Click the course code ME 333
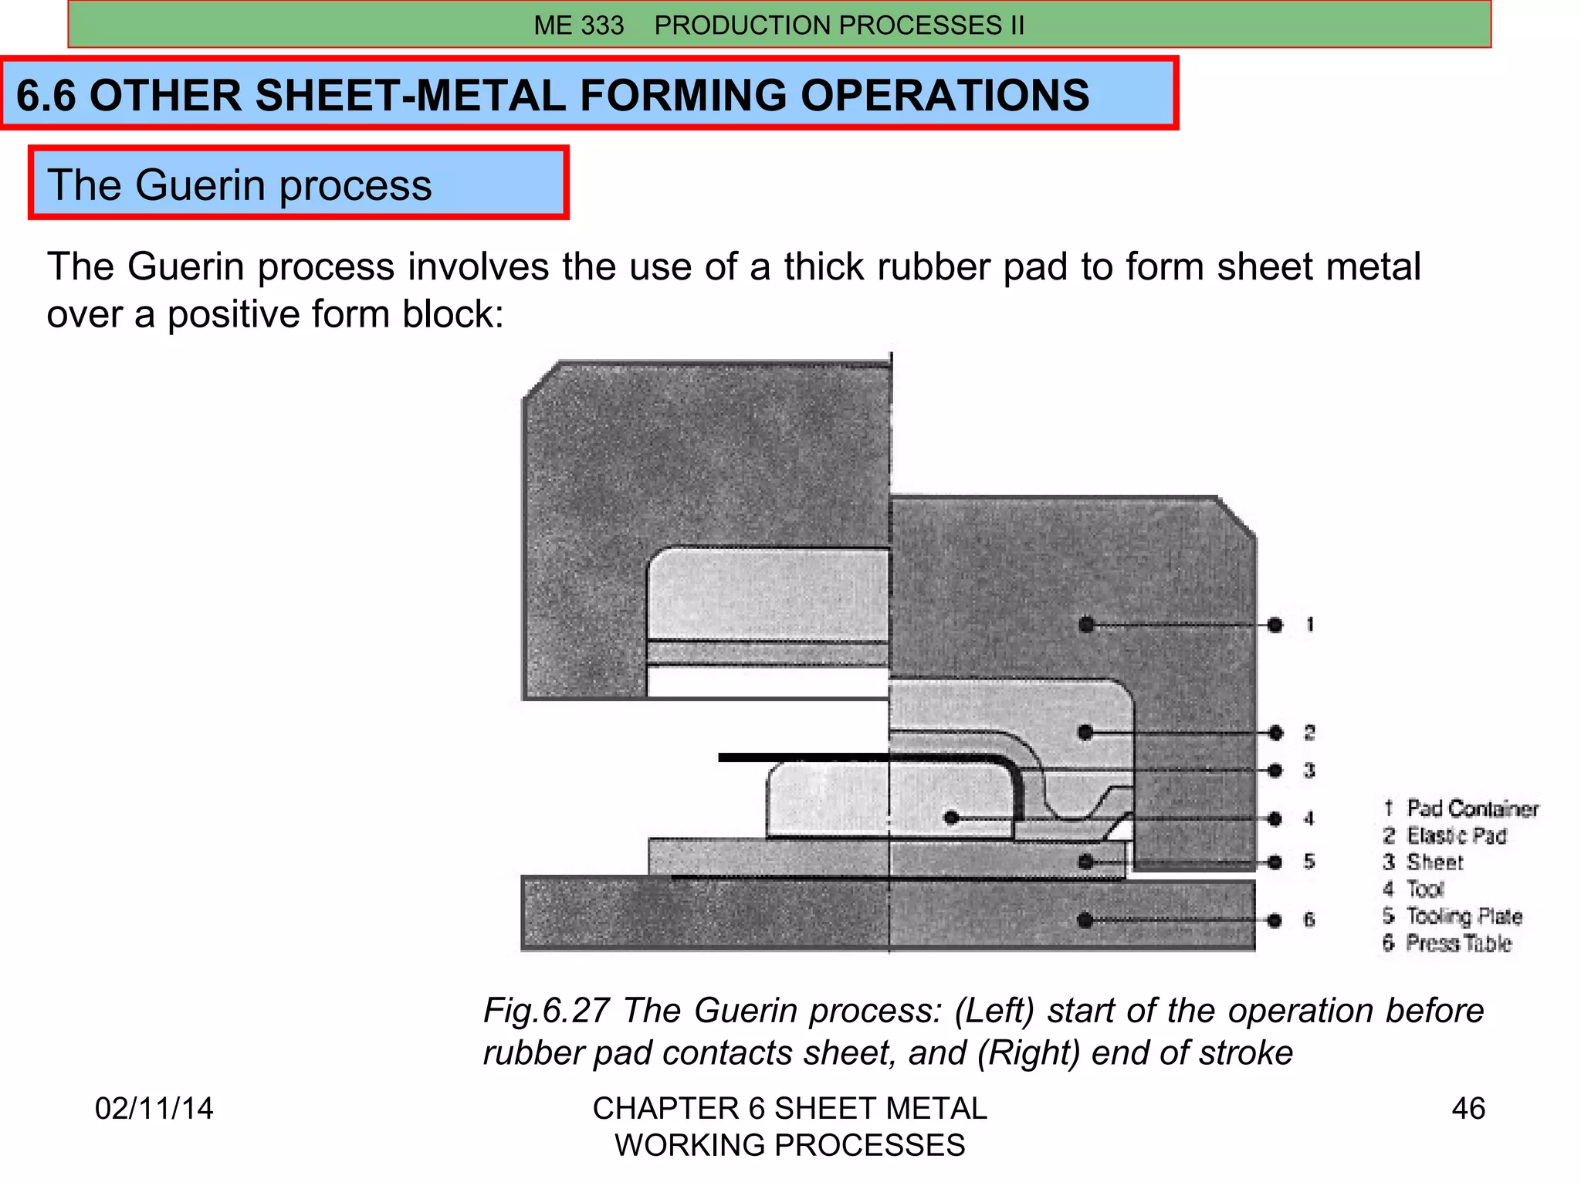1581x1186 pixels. click(578, 25)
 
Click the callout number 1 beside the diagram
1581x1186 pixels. click(1310, 624)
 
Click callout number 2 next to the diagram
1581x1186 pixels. click(1310, 732)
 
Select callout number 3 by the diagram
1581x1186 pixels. click(1310, 770)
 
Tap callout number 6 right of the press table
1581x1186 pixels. click(1309, 919)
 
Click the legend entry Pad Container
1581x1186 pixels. click(1472, 808)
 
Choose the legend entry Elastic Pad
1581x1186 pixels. click(1456, 835)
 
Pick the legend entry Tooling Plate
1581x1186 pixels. click(1464, 916)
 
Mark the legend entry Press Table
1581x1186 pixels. click(1458, 943)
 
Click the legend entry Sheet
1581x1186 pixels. click(1434, 862)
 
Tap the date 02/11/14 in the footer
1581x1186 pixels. click(154, 1108)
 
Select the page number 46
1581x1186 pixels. click(1468, 1108)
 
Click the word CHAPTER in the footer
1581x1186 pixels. click(665, 1108)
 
